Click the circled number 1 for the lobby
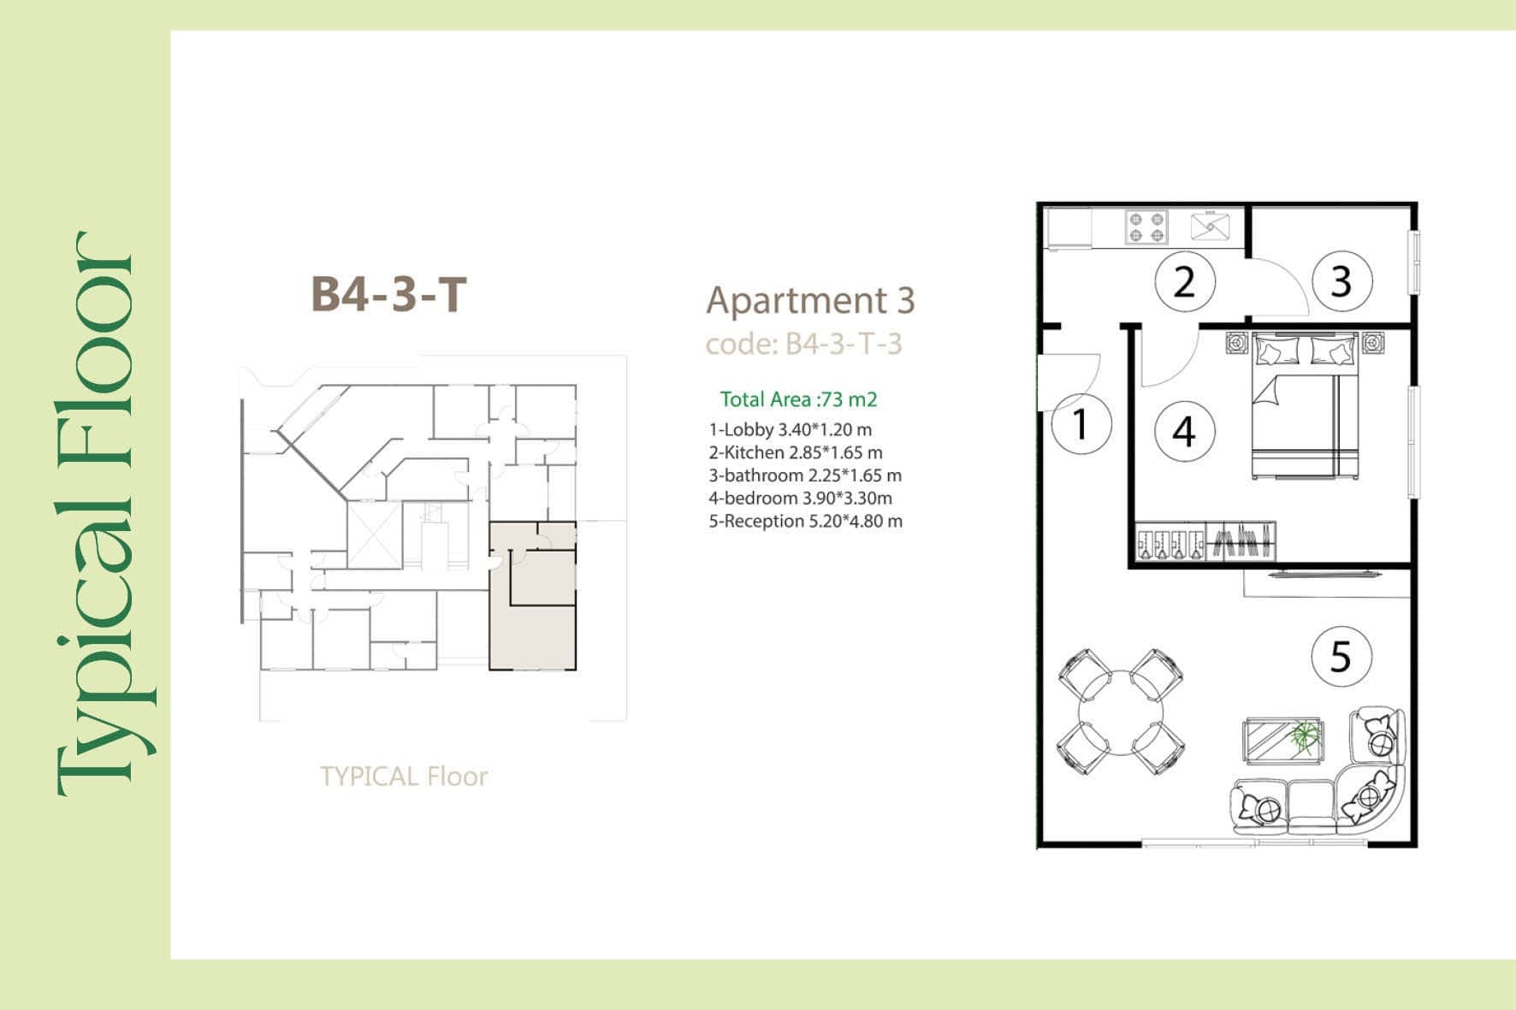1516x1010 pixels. click(1081, 424)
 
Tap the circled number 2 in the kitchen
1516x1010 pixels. click(1185, 281)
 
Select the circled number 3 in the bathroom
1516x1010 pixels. click(1341, 281)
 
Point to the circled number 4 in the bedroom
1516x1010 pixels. click(1184, 431)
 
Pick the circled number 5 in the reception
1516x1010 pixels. click(1341, 657)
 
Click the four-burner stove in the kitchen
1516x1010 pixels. click(1146, 227)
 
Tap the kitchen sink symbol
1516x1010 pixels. click(1211, 226)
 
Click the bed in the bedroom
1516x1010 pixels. click(1306, 405)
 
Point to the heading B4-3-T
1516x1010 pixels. click(389, 295)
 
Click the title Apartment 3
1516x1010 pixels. click(810, 300)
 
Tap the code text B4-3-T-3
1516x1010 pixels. click(844, 344)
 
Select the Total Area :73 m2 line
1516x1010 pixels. click(799, 399)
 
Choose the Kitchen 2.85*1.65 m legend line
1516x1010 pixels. click(796, 452)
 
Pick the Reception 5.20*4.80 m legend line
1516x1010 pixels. click(805, 521)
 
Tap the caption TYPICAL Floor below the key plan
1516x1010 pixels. click(404, 777)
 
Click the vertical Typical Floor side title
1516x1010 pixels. click(95, 513)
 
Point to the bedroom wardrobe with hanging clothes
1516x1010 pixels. click(1205, 542)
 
